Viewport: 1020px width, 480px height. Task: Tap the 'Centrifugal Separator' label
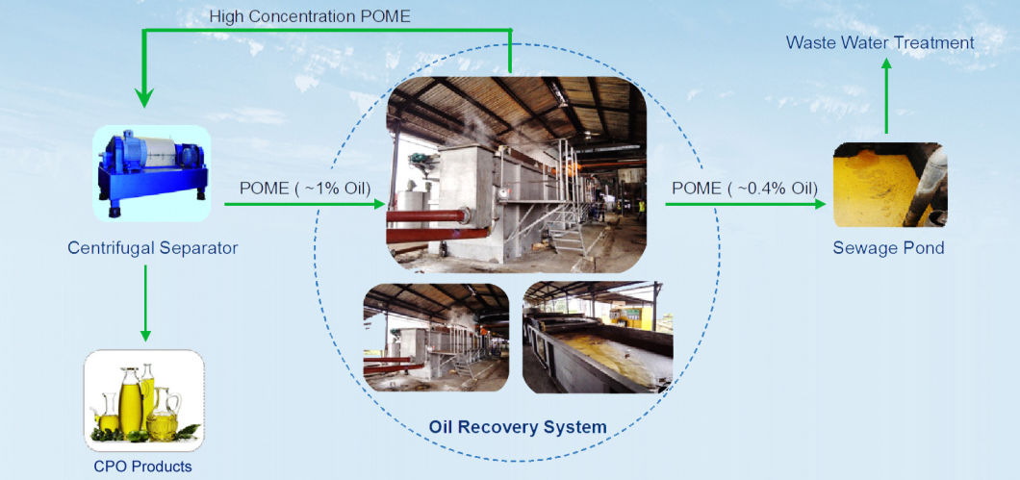[152, 248]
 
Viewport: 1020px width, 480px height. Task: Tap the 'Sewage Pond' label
[888, 248]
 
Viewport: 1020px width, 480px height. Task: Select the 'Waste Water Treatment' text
[880, 42]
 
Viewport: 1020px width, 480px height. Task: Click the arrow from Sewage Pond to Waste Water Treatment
[887, 96]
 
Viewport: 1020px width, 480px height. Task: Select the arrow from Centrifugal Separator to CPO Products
[145, 303]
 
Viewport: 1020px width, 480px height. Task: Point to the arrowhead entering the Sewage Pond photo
[819, 204]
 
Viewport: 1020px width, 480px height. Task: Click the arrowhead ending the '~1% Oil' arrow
[379, 204]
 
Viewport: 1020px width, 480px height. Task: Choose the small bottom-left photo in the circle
[436, 337]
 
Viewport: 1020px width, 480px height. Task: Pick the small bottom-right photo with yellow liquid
[591, 337]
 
